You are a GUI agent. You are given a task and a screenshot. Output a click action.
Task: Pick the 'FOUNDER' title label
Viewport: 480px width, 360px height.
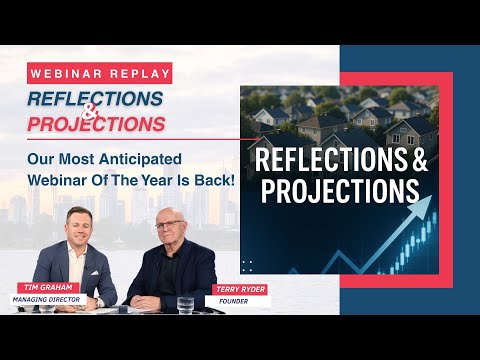pyautogui.click(x=232, y=299)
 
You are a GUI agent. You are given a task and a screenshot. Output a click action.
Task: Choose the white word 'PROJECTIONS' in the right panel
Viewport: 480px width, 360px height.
pyautogui.click(x=339, y=190)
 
